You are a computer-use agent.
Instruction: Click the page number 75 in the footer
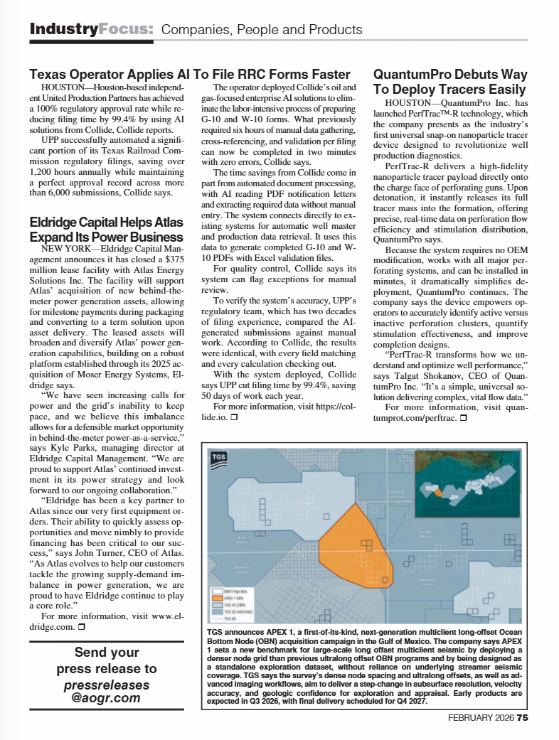click(x=523, y=717)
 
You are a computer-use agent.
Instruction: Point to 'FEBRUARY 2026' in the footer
click(x=481, y=717)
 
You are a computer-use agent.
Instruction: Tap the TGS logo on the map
click(x=219, y=460)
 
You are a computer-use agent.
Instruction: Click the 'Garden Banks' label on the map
click(x=427, y=533)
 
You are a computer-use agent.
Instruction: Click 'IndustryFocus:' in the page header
click(x=91, y=29)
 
